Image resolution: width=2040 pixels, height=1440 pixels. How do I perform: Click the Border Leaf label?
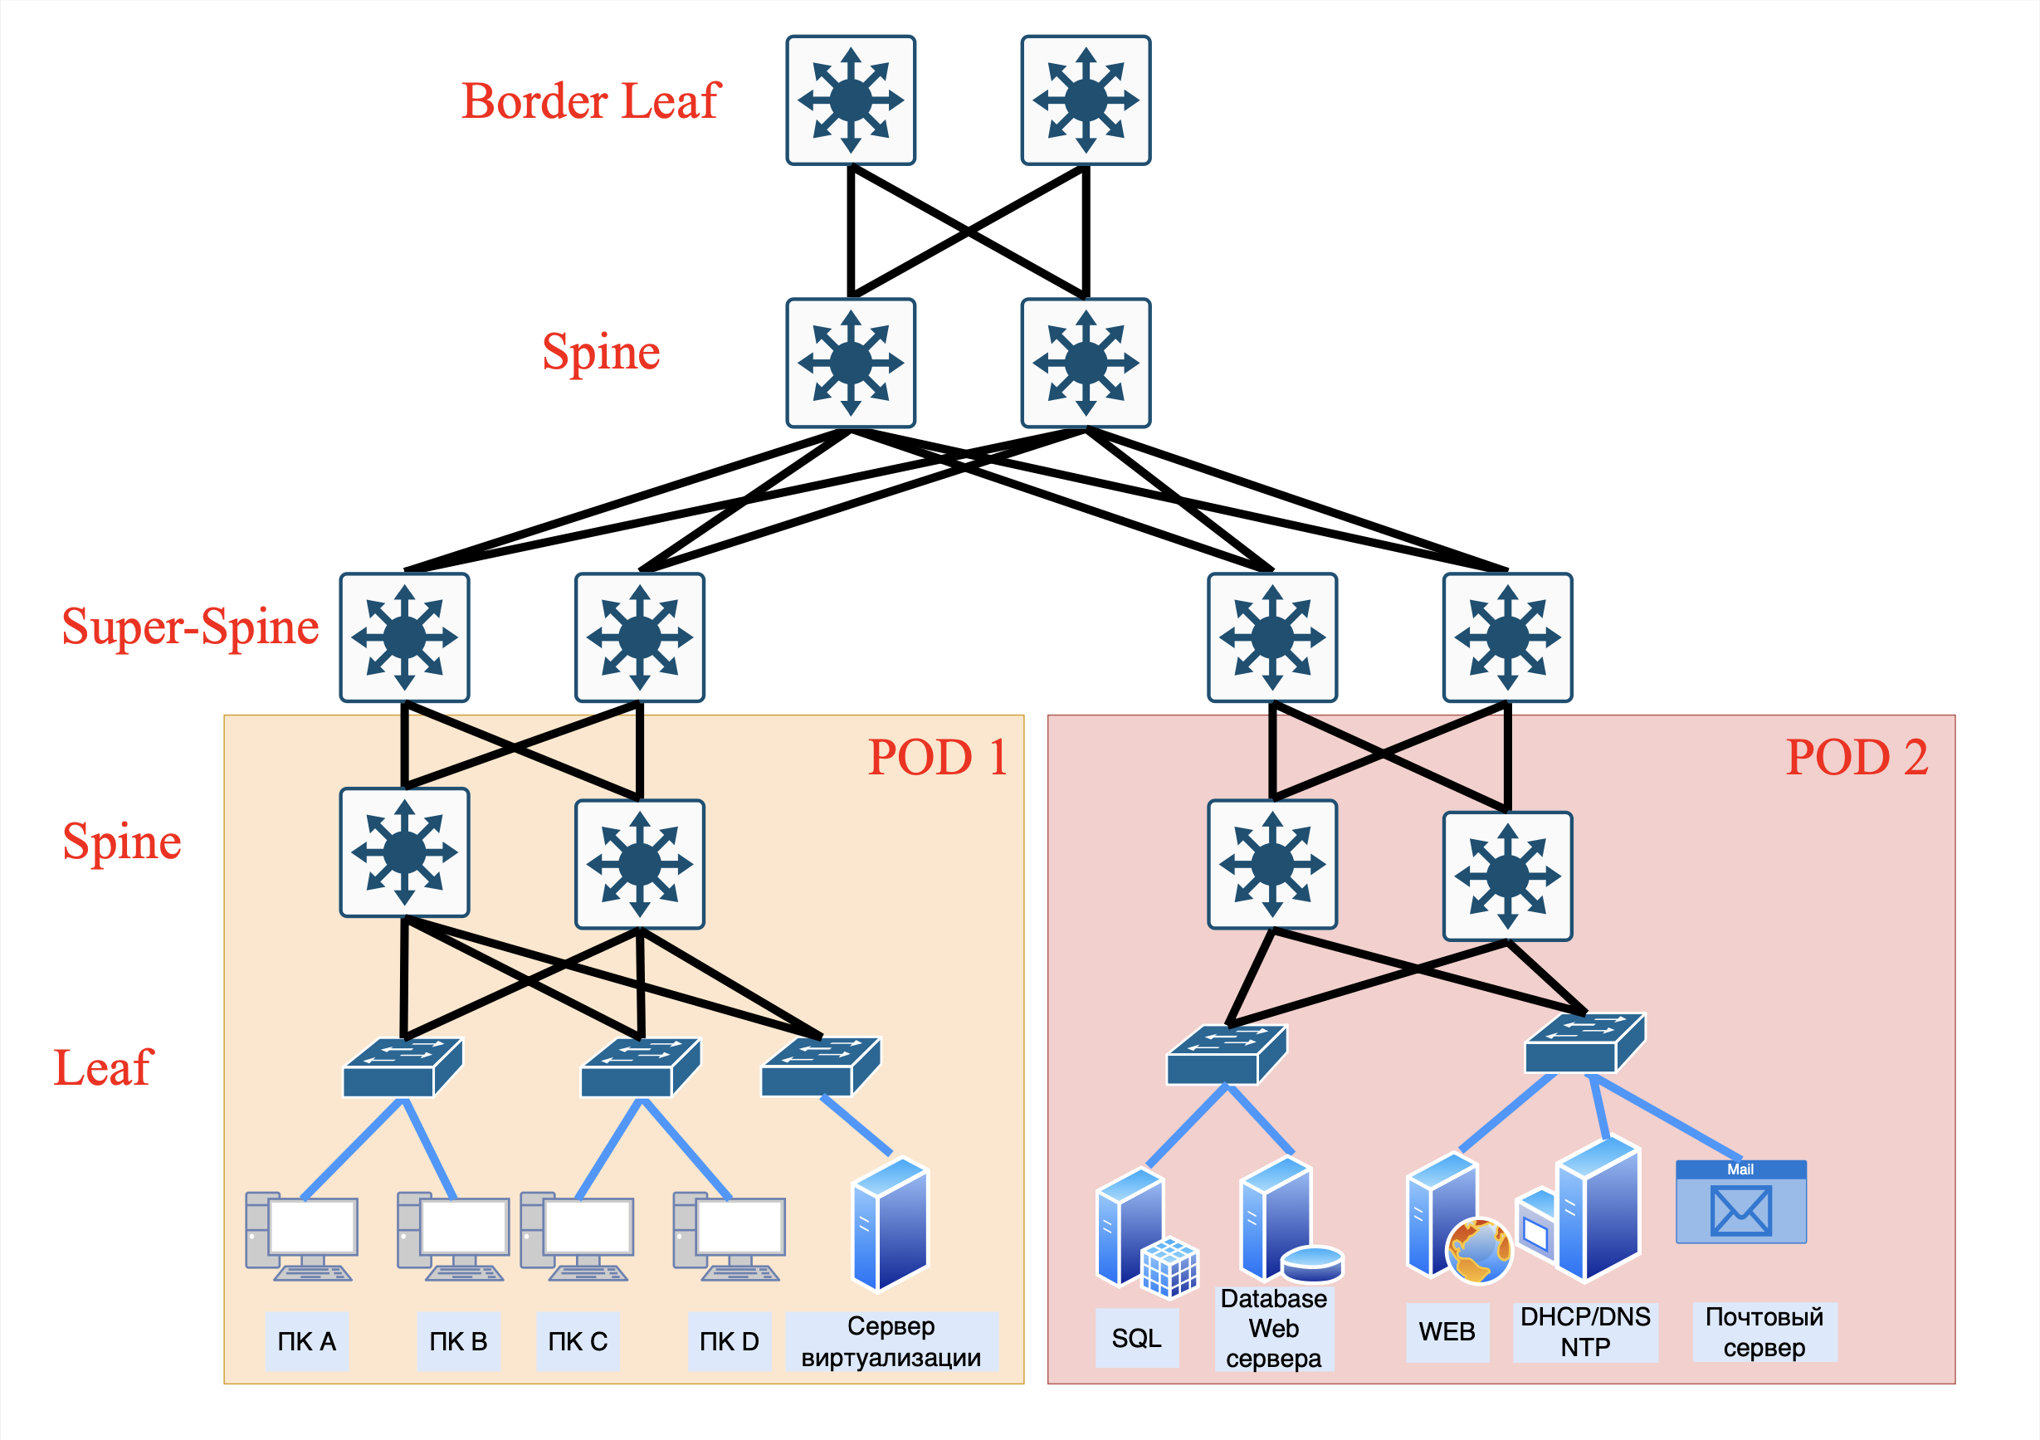590,100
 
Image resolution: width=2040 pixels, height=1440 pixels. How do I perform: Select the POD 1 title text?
937,757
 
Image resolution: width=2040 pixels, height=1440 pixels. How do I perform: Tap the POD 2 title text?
1857,757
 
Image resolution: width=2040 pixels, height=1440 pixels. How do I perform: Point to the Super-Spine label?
190,627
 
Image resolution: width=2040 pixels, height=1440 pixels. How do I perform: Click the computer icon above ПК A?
302,1236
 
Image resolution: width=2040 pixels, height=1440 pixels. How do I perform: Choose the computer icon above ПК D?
730,1236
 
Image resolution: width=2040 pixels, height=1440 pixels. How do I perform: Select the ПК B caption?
458,1341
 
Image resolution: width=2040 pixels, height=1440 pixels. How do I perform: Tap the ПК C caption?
578,1341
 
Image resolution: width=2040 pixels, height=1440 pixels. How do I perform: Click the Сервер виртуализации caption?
891,1341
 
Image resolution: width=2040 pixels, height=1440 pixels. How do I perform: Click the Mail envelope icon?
1740,1209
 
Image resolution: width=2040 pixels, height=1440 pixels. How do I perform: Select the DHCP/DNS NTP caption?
1585,1331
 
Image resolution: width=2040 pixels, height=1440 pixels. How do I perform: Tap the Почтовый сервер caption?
1764,1331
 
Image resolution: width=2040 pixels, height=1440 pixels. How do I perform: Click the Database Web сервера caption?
1273,1329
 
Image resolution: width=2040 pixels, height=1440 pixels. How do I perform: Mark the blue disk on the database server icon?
1312,1263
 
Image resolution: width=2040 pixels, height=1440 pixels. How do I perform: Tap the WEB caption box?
1447,1331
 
